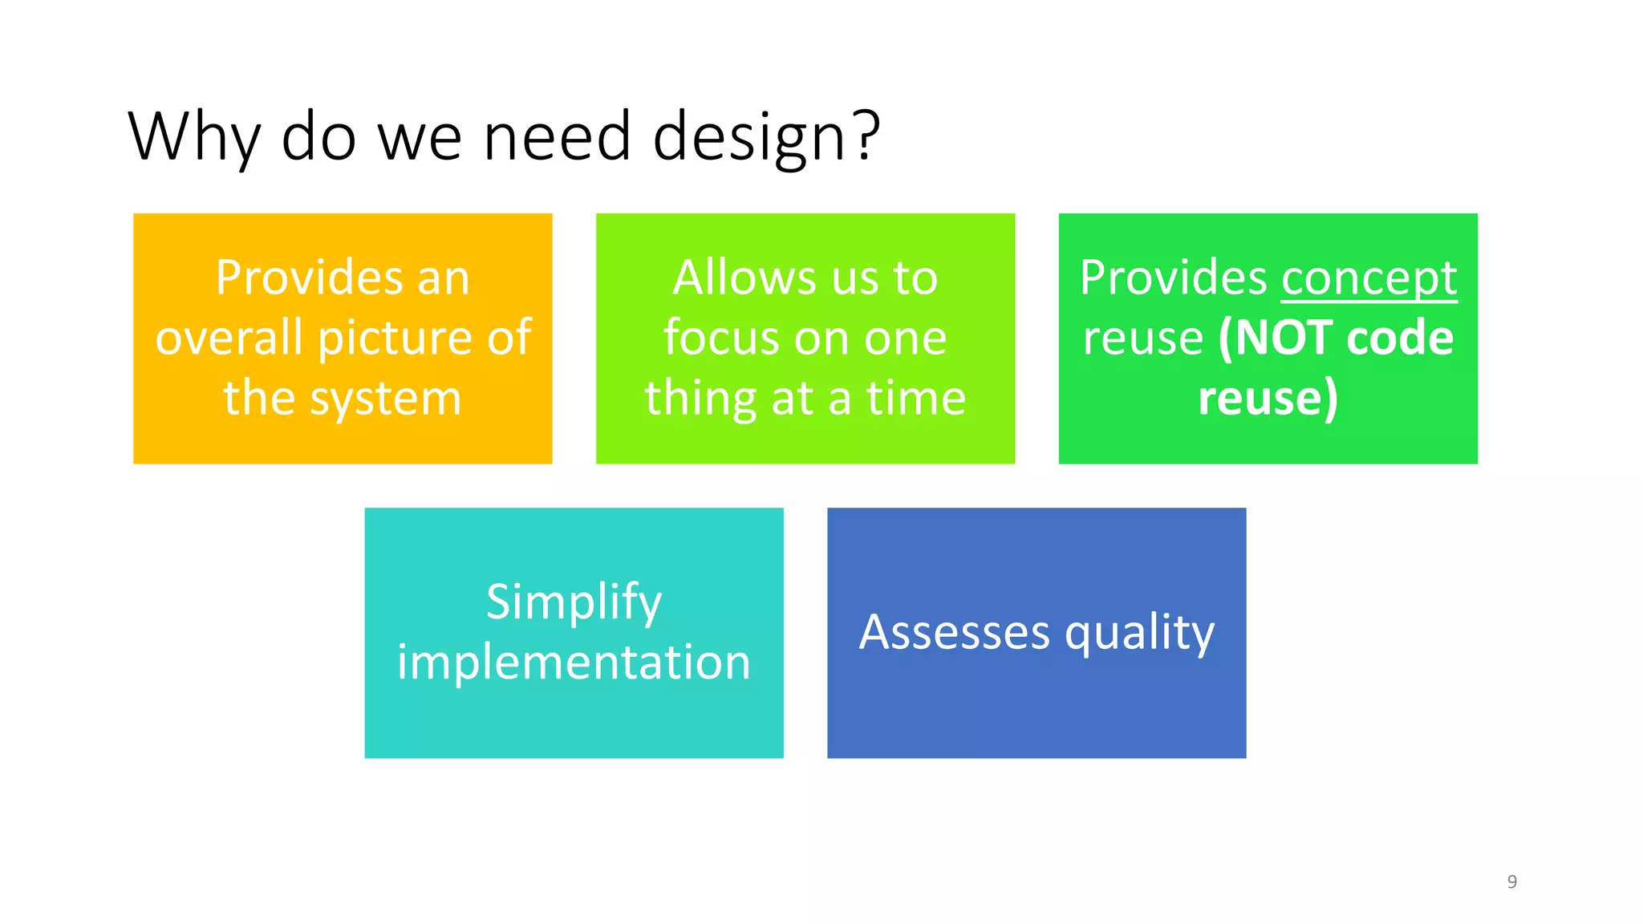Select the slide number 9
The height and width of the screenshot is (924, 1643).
coord(1511,881)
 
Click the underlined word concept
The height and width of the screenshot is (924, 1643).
coord(1369,279)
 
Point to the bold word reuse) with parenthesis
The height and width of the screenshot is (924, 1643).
coord(1268,399)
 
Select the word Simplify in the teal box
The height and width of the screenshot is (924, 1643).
coord(574,603)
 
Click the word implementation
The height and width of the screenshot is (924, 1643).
coord(574,663)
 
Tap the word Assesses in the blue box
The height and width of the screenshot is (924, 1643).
coord(954,632)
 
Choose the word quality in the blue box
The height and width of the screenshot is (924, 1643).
coord(1139,634)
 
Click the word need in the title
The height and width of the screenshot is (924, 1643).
coord(557,136)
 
